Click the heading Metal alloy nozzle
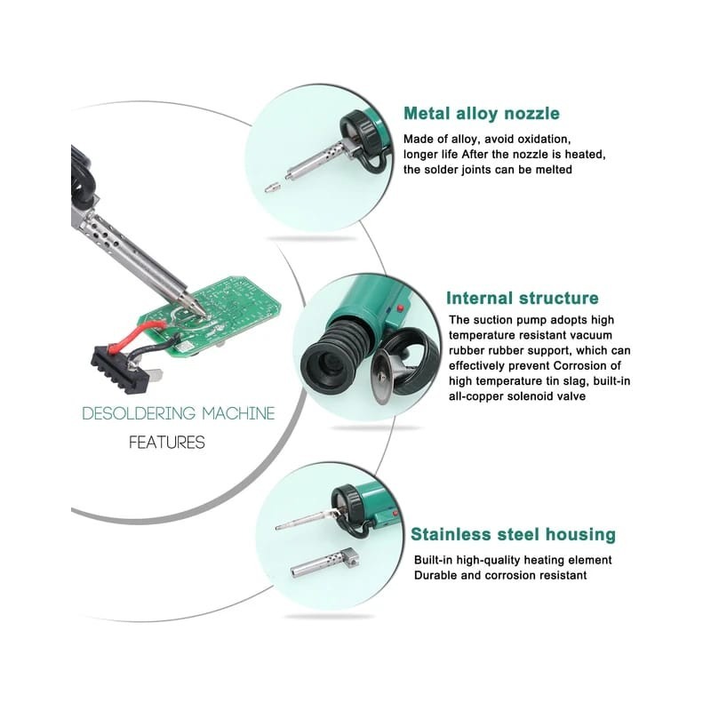click(482, 114)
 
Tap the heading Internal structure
click(523, 298)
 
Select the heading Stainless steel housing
click(514, 534)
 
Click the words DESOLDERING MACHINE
click(179, 413)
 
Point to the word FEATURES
click(167, 442)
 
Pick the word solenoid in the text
click(531, 396)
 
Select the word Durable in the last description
click(435, 575)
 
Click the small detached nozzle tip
click(271, 187)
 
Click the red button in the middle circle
click(400, 309)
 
